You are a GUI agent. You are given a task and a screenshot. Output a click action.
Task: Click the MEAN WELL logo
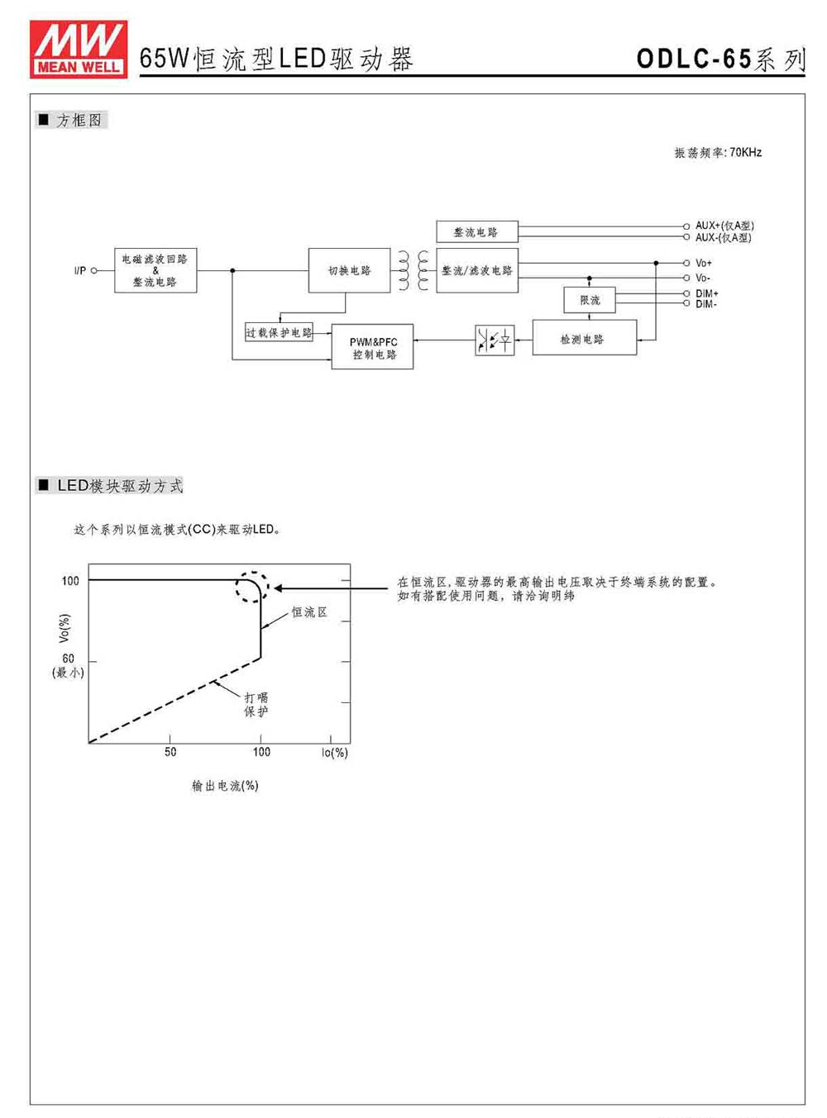click(x=79, y=49)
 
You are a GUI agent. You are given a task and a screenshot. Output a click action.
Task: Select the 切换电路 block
click(x=349, y=270)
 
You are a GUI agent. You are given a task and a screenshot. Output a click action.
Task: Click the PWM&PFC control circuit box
click(x=372, y=347)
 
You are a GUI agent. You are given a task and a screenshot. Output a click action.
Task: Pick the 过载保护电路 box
click(x=279, y=332)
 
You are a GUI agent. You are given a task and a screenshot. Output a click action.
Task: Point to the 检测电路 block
click(x=585, y=338)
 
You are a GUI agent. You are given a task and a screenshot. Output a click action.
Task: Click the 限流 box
click(x=590, y=300)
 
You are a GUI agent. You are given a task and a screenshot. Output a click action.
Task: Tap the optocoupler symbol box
click(x=495, y=340)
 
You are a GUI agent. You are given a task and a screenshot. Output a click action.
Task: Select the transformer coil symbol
click(x=413, y=271)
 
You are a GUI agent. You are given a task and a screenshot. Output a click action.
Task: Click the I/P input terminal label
click(x=79, y=271)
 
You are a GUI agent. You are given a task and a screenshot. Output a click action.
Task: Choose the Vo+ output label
click(x=704, y=263)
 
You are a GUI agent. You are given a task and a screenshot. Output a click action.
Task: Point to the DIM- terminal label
click(x=706, y=304)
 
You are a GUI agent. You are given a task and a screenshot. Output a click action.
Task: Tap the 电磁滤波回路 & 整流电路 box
click(x=155, y=270)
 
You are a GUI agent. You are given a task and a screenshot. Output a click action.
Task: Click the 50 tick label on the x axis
click(x=170, y=752)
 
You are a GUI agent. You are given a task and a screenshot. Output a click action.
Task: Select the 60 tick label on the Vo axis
click(x=68, y=659)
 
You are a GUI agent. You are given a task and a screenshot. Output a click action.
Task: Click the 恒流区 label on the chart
click(x=309, y=612)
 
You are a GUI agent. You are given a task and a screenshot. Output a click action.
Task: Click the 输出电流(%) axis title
click(x=225, y=785)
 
